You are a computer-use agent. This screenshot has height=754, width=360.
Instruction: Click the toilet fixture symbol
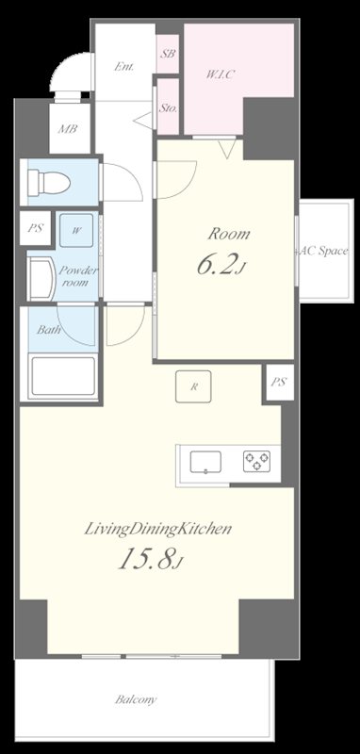click(49, 183)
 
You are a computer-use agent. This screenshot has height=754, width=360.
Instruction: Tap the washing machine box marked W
click(76, 230)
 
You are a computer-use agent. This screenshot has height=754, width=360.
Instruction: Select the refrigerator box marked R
click(193, 386)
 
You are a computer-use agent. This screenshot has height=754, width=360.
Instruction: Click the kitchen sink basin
click(205, 462)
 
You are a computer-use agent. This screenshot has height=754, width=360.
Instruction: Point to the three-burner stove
click(256, 461)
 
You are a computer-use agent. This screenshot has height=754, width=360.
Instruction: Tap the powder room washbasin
click(41, 279)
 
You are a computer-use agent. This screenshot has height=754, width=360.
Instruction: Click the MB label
click(68, 129)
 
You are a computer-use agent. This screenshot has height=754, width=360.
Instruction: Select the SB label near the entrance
click(168, 54)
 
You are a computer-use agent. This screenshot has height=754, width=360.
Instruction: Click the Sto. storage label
click(168, 108)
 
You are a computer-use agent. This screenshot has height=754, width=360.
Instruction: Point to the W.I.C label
click(220, 75)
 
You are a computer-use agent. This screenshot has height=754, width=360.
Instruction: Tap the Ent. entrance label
click(123, 67)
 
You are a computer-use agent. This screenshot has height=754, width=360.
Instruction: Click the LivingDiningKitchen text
click(158, 530)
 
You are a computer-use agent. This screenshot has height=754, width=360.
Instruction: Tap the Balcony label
click(136, 699)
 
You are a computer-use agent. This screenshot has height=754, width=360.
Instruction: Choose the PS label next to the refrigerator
click(279, 383)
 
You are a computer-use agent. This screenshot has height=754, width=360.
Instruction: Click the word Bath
click(49, 330)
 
